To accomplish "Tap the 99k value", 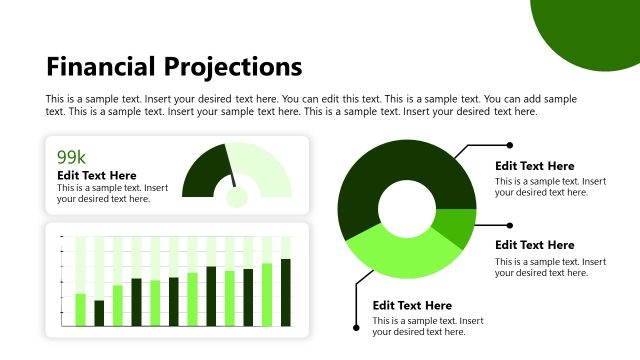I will click(71, 157).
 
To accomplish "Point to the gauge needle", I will click(233, 180).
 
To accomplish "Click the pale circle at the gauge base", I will click(237, 196).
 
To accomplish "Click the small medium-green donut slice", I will click(459, 227).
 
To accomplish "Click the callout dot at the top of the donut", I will click(510, 145).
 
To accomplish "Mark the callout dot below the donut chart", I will click(357, 326).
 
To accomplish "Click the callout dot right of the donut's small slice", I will click(510, 225).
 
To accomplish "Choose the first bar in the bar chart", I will click(80, 309).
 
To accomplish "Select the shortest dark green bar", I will click(99, 312).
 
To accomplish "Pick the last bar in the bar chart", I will click(285, 291).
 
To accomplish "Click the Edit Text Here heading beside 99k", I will click(97, 175).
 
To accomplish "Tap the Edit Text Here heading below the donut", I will click(412, 305).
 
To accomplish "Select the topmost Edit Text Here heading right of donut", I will click(534, 165).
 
